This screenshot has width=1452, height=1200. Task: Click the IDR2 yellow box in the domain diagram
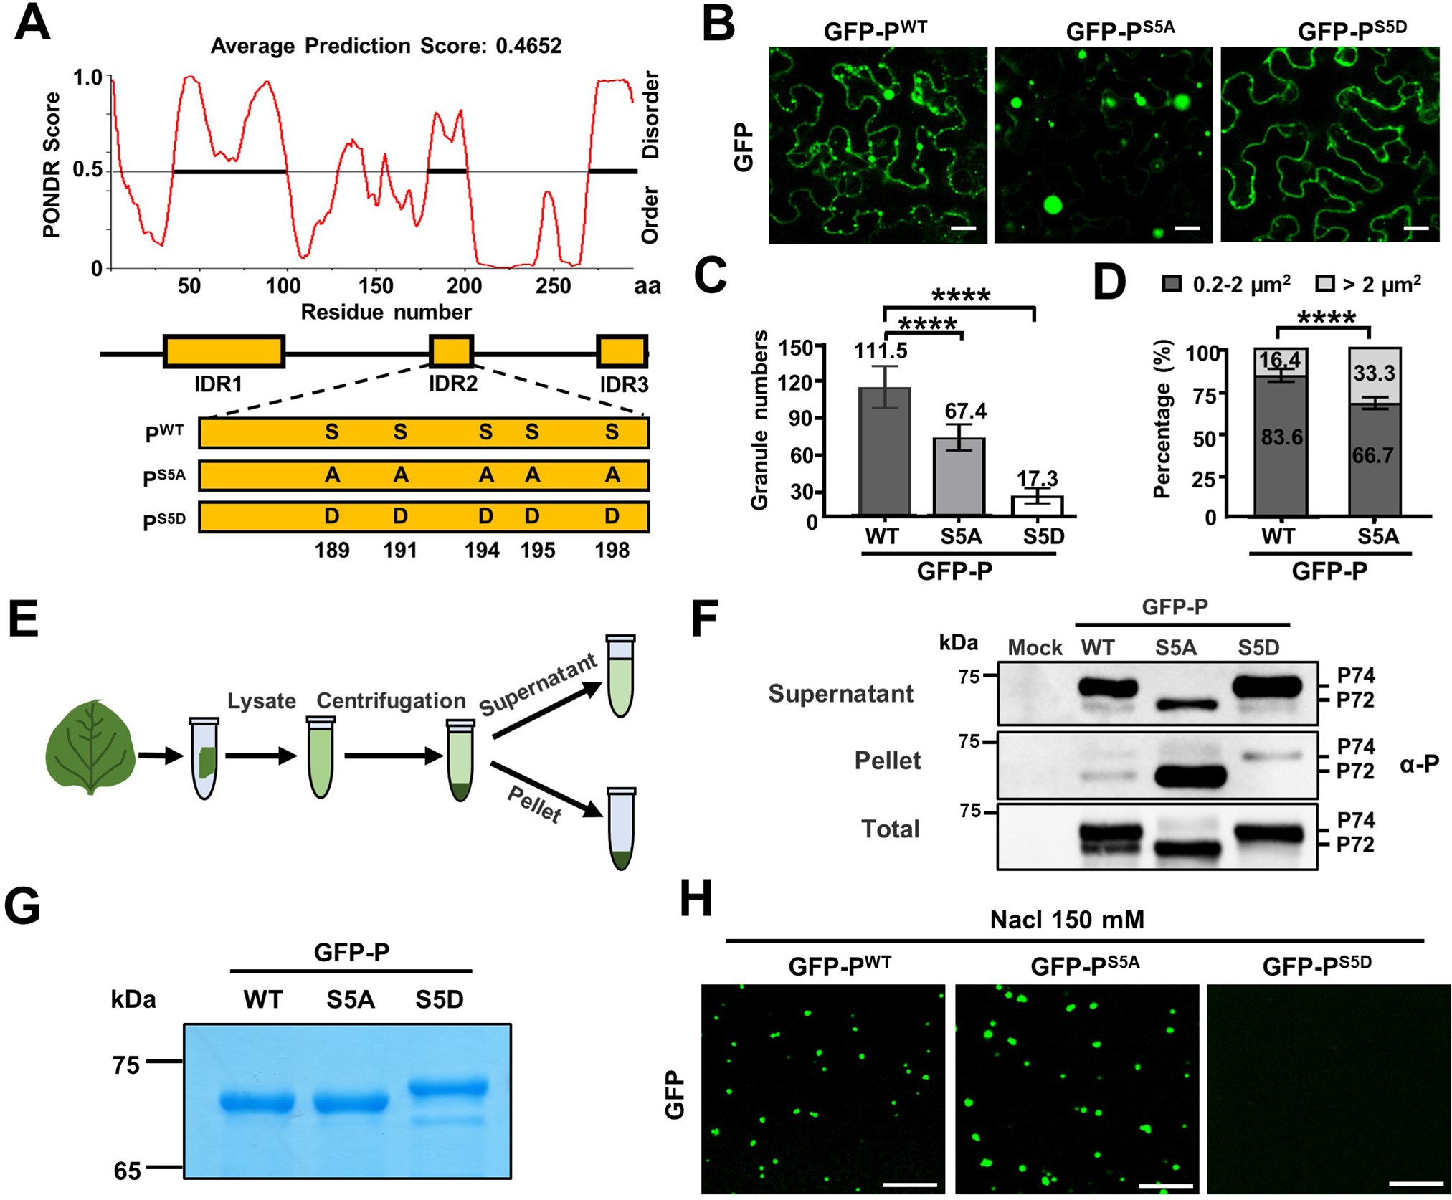451,351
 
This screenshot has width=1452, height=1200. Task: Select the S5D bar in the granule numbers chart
1043,505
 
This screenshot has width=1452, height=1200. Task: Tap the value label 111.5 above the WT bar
880,351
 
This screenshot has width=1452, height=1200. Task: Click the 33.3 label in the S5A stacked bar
1374,373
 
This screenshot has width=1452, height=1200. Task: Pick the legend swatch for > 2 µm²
1325,284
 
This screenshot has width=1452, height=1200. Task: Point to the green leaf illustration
90,748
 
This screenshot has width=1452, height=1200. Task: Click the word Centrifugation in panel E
391,700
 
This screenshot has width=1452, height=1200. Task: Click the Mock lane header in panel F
1034,648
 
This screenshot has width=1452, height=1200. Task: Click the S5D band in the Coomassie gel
448,1087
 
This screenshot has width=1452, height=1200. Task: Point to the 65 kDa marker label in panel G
127,1171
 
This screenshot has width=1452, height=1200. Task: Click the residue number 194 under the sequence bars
481,550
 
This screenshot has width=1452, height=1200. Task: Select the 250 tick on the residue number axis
553,286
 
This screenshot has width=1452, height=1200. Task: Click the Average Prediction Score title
386,46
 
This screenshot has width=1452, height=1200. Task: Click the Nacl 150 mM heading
1066,920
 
